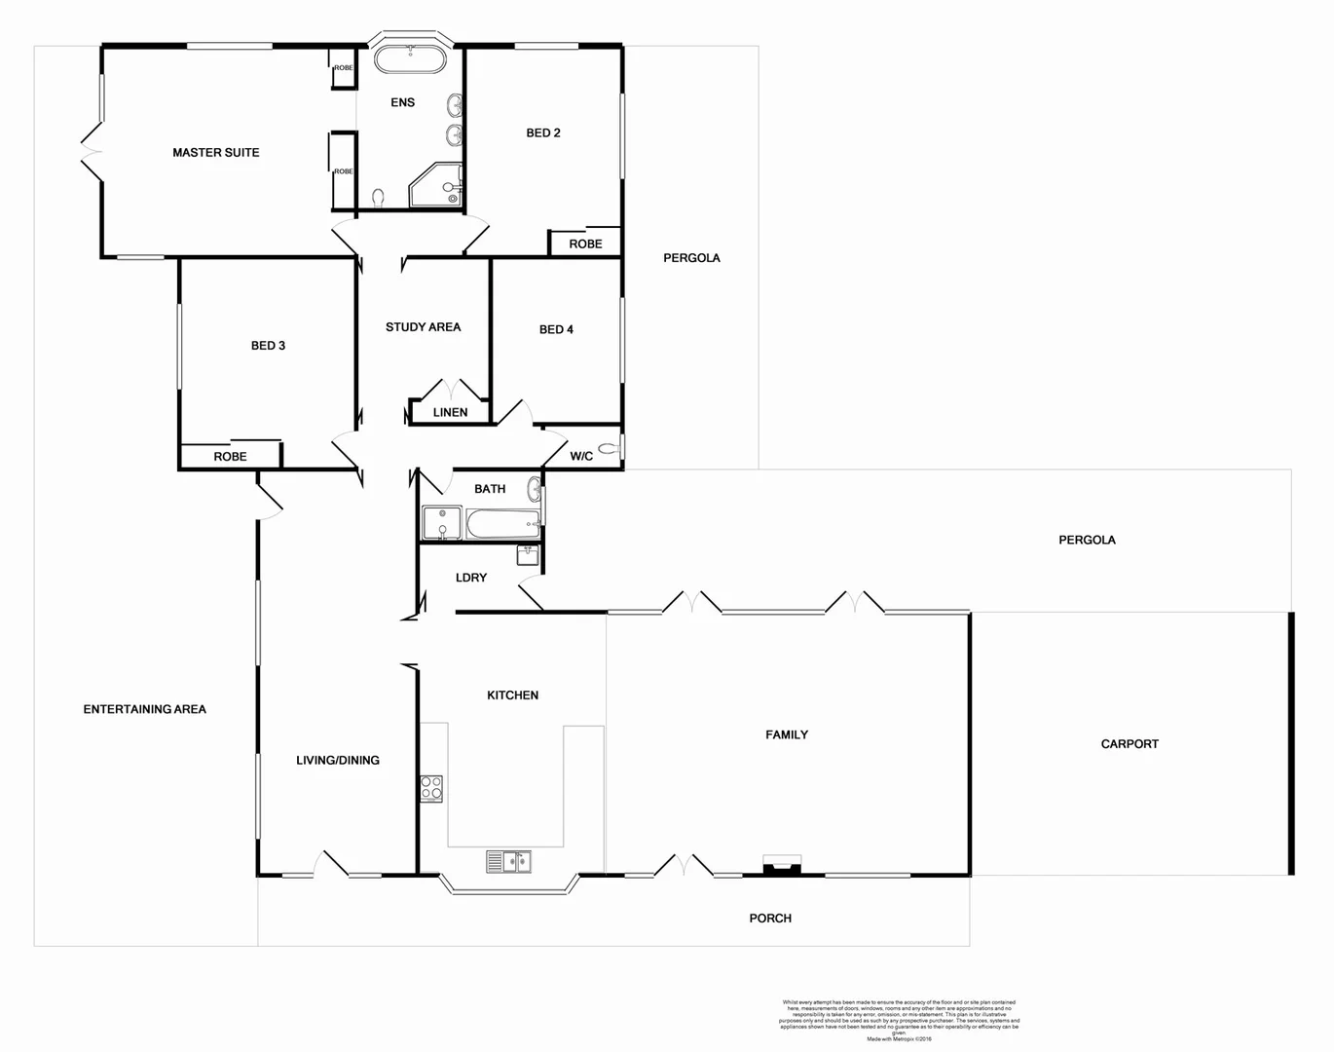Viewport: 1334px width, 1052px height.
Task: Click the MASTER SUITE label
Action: point(215,153)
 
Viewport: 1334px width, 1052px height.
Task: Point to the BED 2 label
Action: point(542,133)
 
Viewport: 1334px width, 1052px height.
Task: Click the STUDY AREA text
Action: point(423,327)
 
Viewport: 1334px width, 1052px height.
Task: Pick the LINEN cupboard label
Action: point(450,413)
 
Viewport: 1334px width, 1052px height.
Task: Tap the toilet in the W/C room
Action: point(609,449)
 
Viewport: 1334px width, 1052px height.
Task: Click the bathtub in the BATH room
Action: point(502,525)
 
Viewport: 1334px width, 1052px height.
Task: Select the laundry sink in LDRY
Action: point(527,555)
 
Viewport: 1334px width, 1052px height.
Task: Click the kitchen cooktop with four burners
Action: point(431,788)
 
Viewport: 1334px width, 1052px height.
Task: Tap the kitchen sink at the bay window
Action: point(508,861)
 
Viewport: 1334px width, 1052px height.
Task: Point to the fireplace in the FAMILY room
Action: point(782,866)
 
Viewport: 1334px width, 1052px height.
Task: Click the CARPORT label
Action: point(1130,744)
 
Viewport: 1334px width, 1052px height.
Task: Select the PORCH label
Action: point(770,919)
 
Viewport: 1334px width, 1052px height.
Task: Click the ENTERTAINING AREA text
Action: point(145,710)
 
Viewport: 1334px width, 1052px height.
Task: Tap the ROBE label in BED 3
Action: point(230,457)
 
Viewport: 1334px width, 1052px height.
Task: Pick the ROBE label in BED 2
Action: point(585,244)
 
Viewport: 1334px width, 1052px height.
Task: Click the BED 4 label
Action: point(556,330)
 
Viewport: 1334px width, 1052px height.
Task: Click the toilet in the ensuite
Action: point(378,199)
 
